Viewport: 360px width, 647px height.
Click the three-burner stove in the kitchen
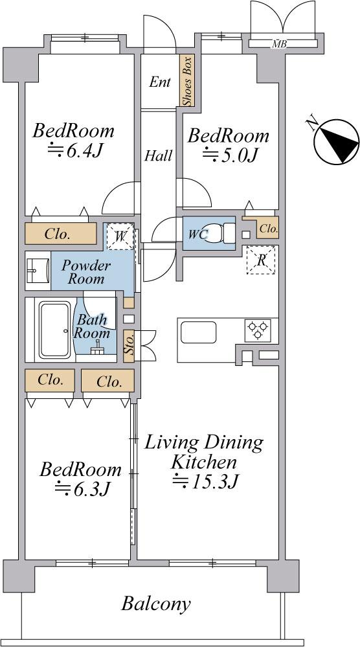coord(258,330)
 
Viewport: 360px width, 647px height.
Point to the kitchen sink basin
coord(198,332)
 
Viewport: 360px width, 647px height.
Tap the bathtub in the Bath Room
coord(55,330)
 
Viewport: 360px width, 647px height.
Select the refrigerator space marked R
coord(261,260)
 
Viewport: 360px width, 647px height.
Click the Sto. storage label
coord(129,347)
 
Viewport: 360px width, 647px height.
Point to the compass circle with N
coord(337,141)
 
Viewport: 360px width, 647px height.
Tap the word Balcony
coord(156,604)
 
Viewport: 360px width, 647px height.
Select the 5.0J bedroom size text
coord(230,155)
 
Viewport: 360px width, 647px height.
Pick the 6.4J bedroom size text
coord(75,151)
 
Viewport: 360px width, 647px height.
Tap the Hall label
coord(159,156)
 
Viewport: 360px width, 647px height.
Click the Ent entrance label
coord(159,82)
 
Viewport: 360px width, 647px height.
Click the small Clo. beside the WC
coord(269,229)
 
